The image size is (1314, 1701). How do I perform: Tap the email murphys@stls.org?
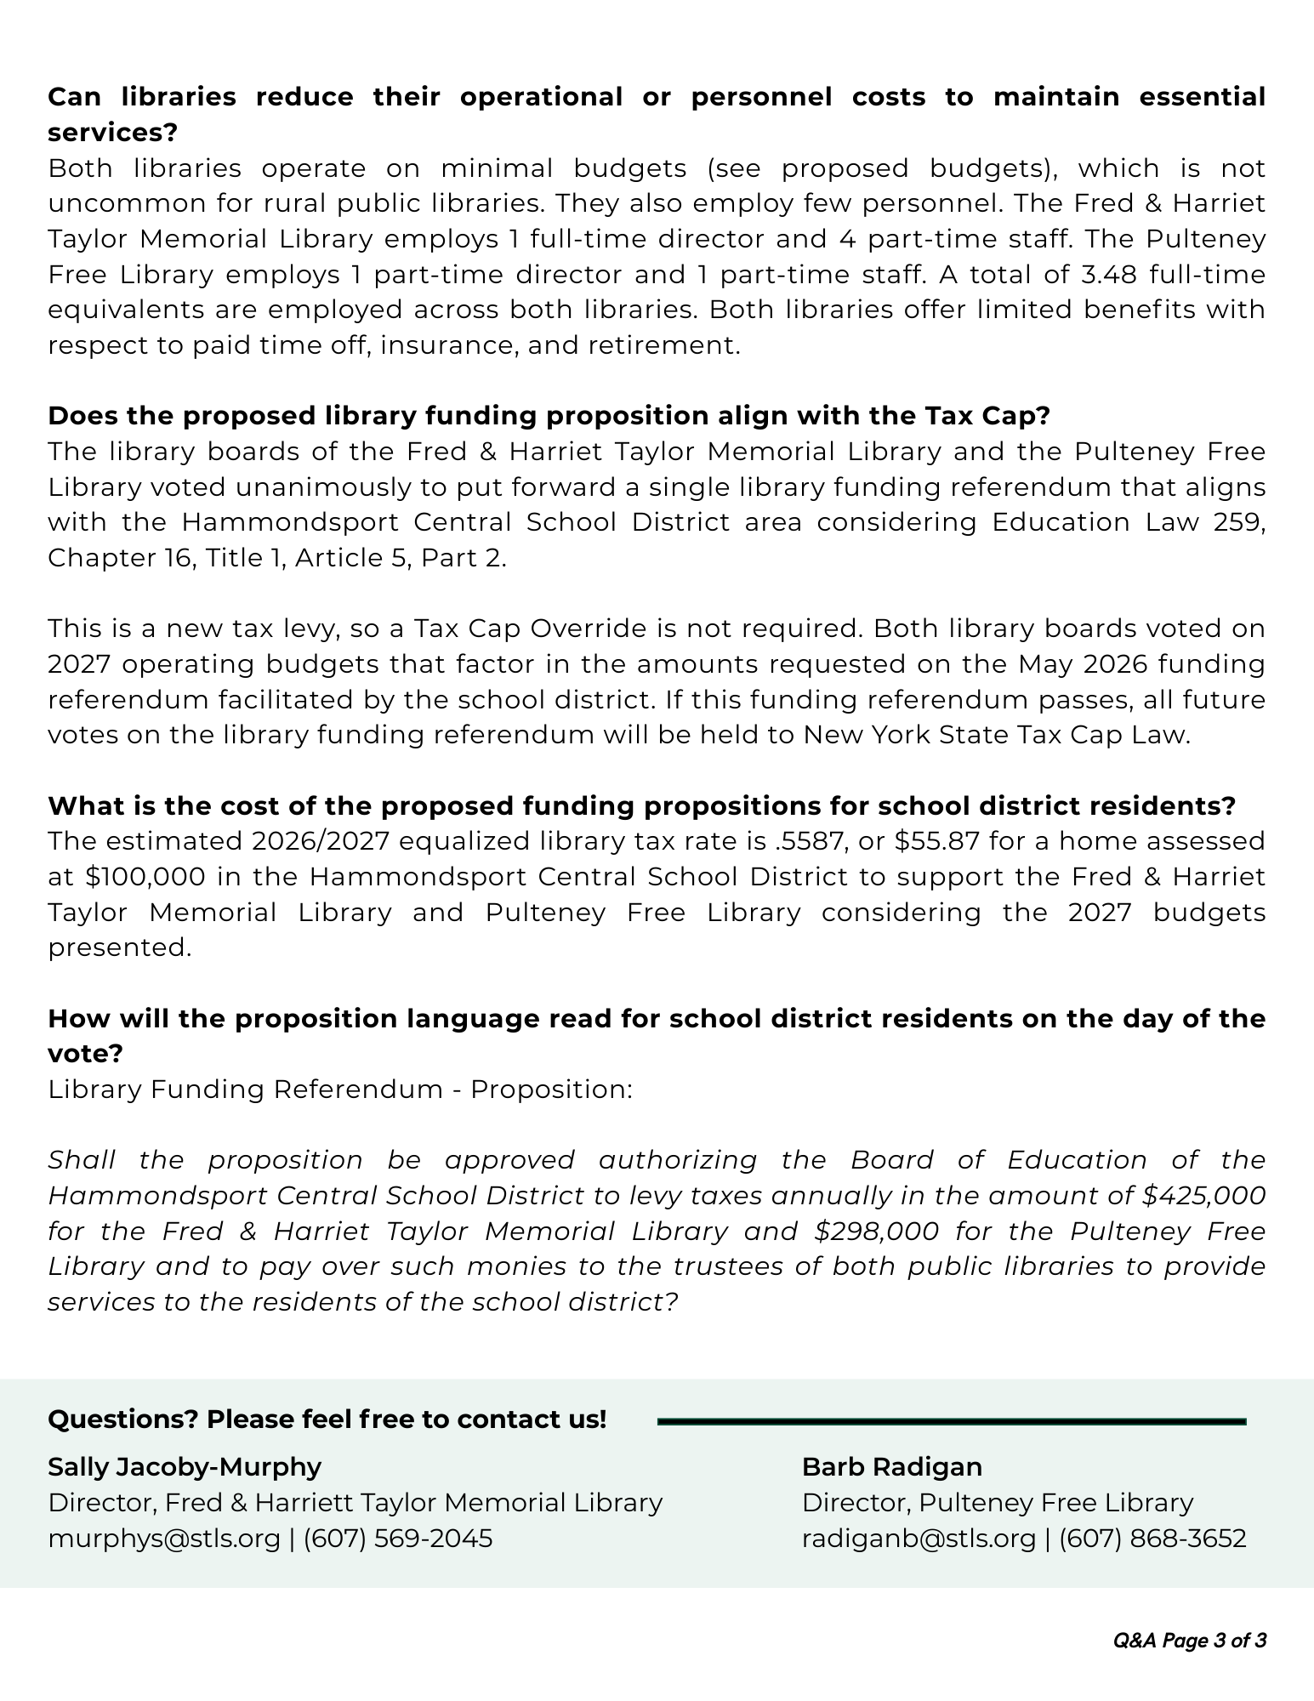[164, 1539]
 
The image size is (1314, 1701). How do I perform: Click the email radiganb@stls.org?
[919, 1539]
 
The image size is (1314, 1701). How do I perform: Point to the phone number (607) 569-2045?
[398, 1539]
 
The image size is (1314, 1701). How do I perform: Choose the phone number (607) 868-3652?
[1152, 1539]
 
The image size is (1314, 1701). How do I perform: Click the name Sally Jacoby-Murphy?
[185, 1467]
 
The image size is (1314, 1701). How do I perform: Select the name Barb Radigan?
[892, 1467]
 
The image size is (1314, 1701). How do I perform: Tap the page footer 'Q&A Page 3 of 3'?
[1190, 1641]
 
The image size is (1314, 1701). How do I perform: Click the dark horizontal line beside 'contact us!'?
[952, 1421]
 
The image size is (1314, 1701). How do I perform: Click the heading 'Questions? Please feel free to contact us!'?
[327, 1419]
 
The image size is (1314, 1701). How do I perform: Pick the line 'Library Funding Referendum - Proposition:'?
[340, 1089]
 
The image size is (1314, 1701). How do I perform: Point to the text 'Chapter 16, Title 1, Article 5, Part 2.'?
[277, 558]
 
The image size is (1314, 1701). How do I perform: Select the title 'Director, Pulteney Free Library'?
[998, 1503]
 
